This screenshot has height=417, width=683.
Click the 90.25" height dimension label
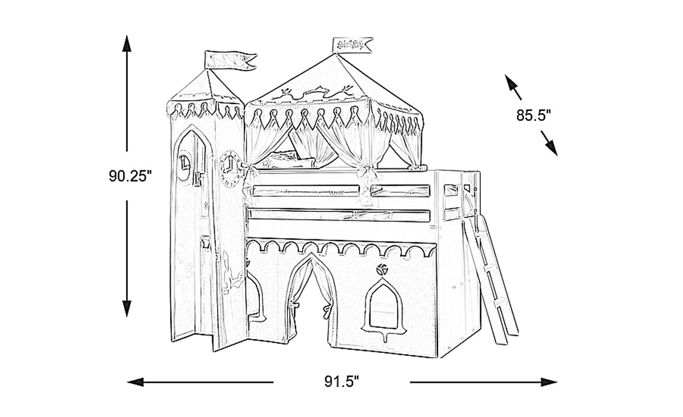coord(129,176)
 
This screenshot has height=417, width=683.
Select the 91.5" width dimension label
coord(341,381)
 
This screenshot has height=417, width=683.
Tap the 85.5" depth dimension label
coord(533,115)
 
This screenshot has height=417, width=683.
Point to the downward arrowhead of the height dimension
coord(127,308)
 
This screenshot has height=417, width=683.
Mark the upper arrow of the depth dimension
coord(512,85)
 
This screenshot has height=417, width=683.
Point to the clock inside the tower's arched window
coord(184,165)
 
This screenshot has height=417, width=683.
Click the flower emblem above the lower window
coord(381,270)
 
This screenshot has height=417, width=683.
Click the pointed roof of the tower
coord(208,88)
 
